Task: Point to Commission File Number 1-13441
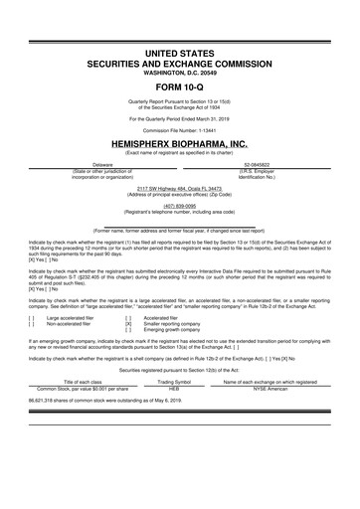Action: (179, 130)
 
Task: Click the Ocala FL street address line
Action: (179, 187)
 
